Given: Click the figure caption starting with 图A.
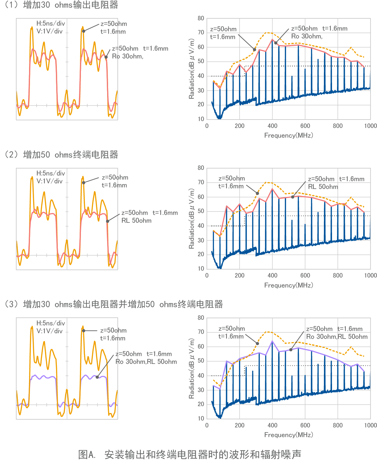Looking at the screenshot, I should point(190,454).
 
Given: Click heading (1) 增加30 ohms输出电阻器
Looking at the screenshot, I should point(61,5).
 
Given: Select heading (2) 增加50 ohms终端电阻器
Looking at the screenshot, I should point(61,155).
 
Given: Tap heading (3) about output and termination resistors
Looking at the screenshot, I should point(114,304).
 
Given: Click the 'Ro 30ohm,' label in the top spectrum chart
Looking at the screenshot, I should point(307,36).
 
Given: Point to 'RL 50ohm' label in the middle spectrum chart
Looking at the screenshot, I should point(323,187).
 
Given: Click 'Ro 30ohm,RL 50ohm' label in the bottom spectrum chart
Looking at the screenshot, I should point(337,337).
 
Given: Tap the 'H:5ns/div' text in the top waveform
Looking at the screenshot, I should point(51,23).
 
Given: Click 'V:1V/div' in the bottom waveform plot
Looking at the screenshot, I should point(49,331).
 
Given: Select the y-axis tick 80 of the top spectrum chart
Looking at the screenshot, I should point(201,18).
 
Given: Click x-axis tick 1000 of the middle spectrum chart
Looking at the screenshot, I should point(370,275).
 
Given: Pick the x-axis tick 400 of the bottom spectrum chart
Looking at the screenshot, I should point(272,425).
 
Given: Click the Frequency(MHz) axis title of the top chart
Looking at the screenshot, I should point(289,135).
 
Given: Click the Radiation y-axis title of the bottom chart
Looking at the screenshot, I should point(192,368).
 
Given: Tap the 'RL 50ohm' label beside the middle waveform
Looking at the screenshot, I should point(136,221).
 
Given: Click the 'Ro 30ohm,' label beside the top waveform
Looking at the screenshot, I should point(127,56).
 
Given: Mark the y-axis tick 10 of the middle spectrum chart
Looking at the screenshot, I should point(201,269).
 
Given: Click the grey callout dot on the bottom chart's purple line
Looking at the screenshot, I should point(291,350).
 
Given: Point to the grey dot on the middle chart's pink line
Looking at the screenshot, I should point(293,197).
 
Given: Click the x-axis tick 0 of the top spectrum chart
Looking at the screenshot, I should point(207,126).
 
